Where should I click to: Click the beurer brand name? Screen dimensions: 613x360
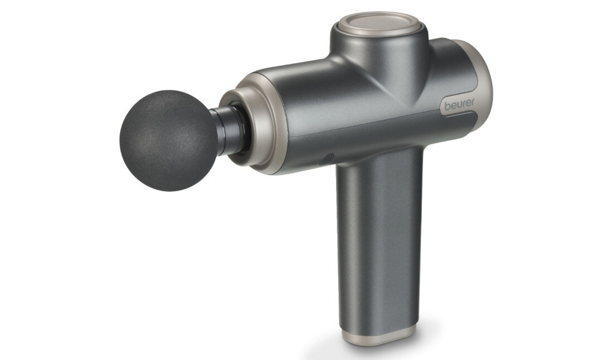pos(459,104)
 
